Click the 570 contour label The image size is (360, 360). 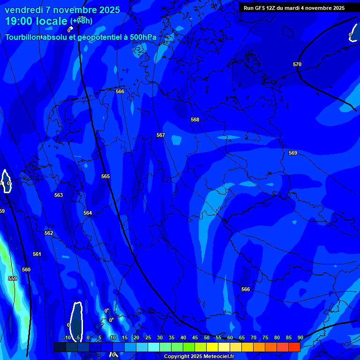point(297,64)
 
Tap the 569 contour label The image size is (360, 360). point(293,153)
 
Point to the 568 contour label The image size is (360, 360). point(195,120)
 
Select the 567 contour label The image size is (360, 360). point(161,135)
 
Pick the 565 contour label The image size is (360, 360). point(105,176)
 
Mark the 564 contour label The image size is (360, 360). point(88,213)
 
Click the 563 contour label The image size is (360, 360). point(59,195)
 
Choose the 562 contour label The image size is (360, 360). point(49,233)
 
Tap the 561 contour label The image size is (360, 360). point(37,254)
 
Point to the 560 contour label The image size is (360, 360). point(26,270)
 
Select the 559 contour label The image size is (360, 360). point(13,278)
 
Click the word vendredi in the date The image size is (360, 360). point(24,10)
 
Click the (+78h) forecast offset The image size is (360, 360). point(81,21)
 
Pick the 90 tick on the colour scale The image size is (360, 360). point(300,337)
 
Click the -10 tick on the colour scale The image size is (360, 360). point(67,337)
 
